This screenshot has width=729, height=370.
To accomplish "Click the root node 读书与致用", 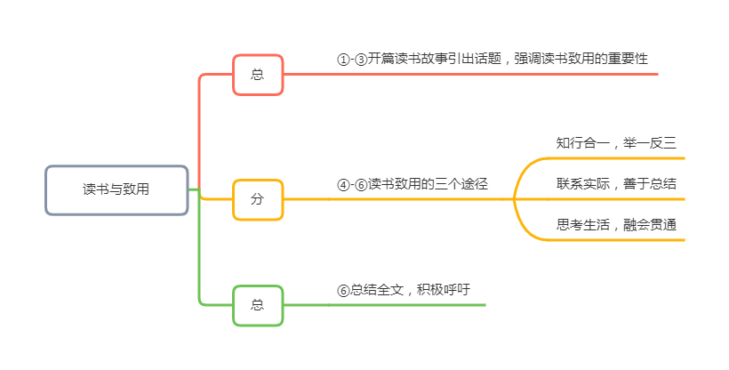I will click(x=116, y=189).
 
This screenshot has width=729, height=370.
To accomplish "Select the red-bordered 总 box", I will click(x=258, y=75).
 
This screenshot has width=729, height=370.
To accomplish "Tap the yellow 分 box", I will click(x=258, y=199).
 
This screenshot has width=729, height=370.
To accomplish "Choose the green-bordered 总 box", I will click(x=258, y=305).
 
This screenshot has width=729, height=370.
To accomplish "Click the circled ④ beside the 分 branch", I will click(x=343, y=185).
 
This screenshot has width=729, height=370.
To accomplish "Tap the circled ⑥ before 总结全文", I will click(x=343, y=290).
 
